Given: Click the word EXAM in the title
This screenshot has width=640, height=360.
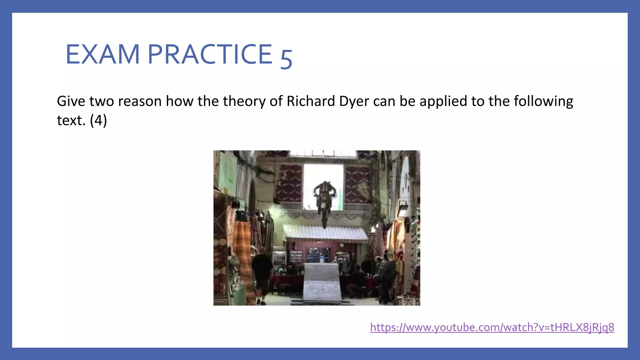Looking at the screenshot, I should click(102, 54).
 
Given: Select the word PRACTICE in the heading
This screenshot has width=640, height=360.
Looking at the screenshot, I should click(210, 54).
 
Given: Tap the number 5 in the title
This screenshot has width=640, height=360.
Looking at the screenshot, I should click(286, 58).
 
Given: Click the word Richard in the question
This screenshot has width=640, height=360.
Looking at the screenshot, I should click(311, 101).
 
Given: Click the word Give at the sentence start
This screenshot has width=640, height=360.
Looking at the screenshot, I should click(71, 101).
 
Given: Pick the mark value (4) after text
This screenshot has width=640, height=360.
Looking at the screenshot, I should click(98, 121).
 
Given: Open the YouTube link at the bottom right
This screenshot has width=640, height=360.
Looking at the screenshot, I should click(492, 327).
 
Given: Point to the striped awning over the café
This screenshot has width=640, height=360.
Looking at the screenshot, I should click(326, 233).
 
